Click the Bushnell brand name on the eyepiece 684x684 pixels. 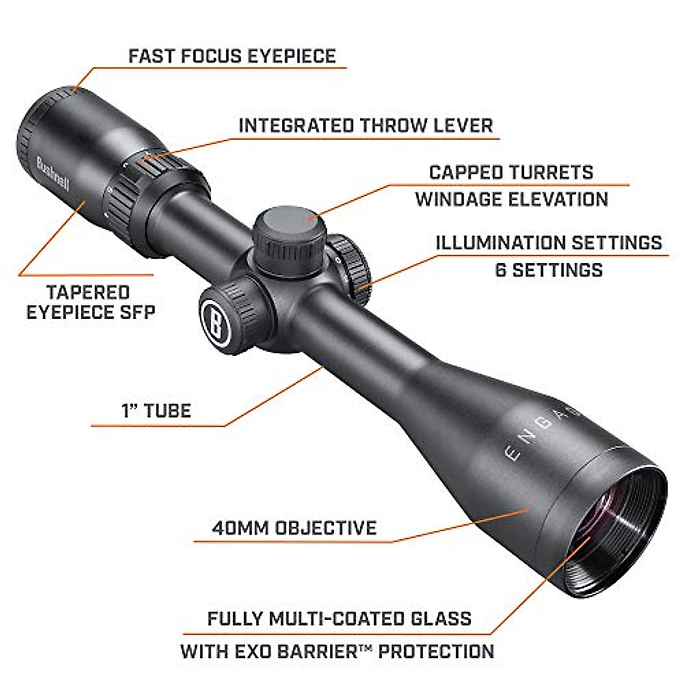click(x=52, y=173)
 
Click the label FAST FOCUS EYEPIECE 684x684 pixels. click(x=232, y=56)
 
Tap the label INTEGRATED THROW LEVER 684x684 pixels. click(x=365, y=125)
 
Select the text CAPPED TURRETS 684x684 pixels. click(x=511, y=172)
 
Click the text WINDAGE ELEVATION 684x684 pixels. click(x=511, y=199)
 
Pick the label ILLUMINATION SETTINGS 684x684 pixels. click(x=549, y=242)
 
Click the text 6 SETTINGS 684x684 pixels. click(x=549, y=270)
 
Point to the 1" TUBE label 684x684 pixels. click(x=156, y=411)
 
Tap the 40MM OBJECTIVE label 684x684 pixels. click(x=294, y=527)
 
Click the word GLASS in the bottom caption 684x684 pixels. click(x=438, y=618)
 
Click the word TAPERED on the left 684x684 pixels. click(x=88, y=292)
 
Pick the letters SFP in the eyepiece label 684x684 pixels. click(x=137, y=312)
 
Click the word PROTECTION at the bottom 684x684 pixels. click(x=436, y=651)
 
